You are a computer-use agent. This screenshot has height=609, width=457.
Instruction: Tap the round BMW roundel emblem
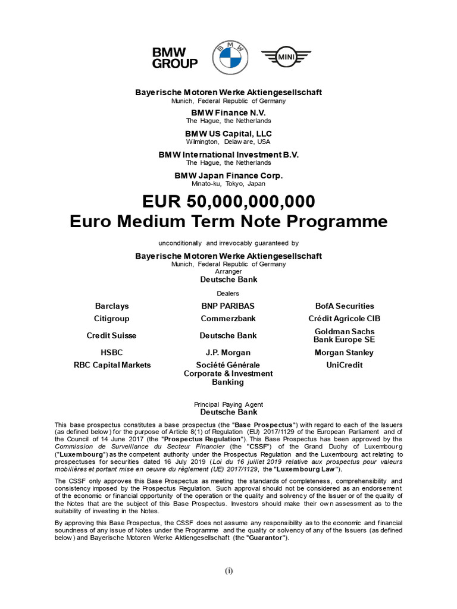[x=228, y=58]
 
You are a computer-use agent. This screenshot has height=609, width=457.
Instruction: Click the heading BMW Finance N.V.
[x=228, y=112]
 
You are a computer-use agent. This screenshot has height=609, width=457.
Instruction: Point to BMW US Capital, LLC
[x=228, y=133]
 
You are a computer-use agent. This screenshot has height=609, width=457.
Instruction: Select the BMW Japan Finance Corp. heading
[x=228, y=175]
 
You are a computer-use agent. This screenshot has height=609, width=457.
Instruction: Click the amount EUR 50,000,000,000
[x=228, y=200]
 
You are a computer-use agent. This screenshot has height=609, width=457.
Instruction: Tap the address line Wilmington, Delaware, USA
[x=228, y=142]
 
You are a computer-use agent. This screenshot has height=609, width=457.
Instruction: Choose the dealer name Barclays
[x=112, y=306]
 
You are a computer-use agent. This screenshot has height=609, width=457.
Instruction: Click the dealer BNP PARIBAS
[x=228, y=306]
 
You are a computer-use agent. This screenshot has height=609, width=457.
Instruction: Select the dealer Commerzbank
[x=228, y=318]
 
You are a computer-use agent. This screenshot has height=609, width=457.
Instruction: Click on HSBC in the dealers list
[x=112, y=352]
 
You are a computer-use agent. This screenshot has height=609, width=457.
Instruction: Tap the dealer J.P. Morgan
[x=228, y=352]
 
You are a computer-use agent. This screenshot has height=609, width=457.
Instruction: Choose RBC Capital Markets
[x=112, y=365]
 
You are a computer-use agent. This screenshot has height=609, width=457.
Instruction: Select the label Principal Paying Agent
[x=228, y=404]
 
